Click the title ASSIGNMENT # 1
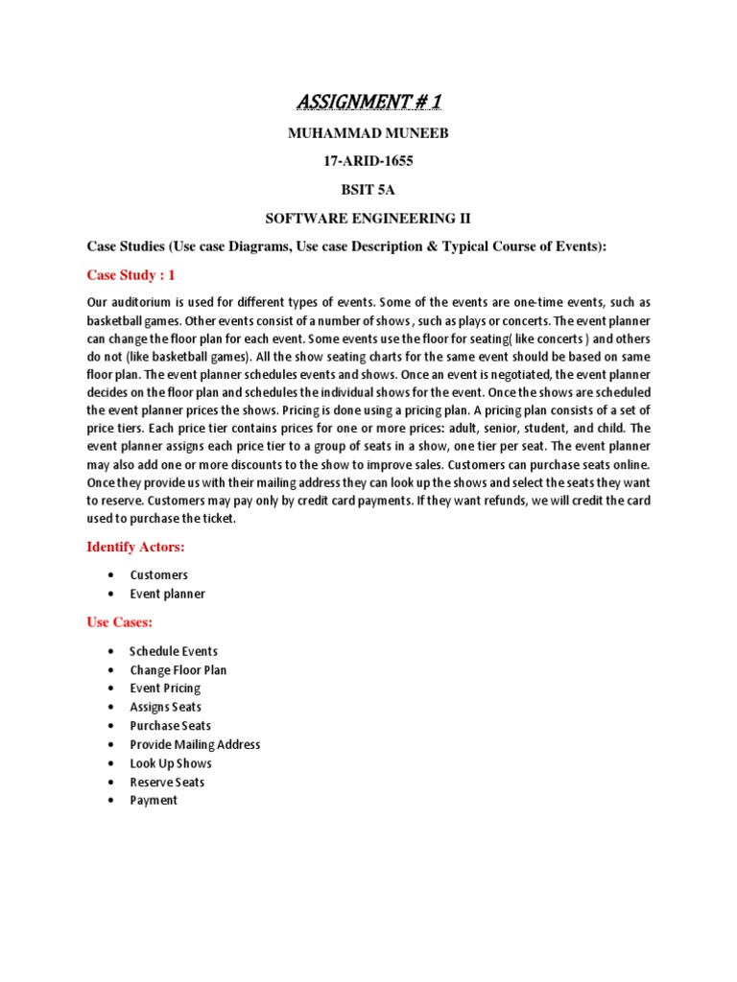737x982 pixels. [x=368, y=102]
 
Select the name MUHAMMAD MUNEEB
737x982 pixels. [x=368, y=133]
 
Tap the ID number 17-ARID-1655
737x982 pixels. [x=368, y=161]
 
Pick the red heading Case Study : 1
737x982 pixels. [x=131, y=275]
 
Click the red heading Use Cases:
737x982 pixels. [x=120, y=622]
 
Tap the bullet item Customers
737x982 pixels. [x=159, y=575]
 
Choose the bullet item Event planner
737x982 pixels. [x=168, y=594]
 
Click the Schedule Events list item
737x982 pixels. [x=174, y=651]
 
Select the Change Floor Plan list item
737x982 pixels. [x=178, y=670]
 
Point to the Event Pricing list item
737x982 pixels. [x=166, y=689]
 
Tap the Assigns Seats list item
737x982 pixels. [x=166, y=707]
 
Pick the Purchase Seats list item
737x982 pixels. [x=171, y=726]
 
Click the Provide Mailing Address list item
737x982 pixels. [x=195, y=744]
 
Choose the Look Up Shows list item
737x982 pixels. [x=171, y=763]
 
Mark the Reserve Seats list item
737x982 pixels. [x=168, y=782]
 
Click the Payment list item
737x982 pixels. [x=154, y=800]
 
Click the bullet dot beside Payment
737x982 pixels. [x=112, y=801]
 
